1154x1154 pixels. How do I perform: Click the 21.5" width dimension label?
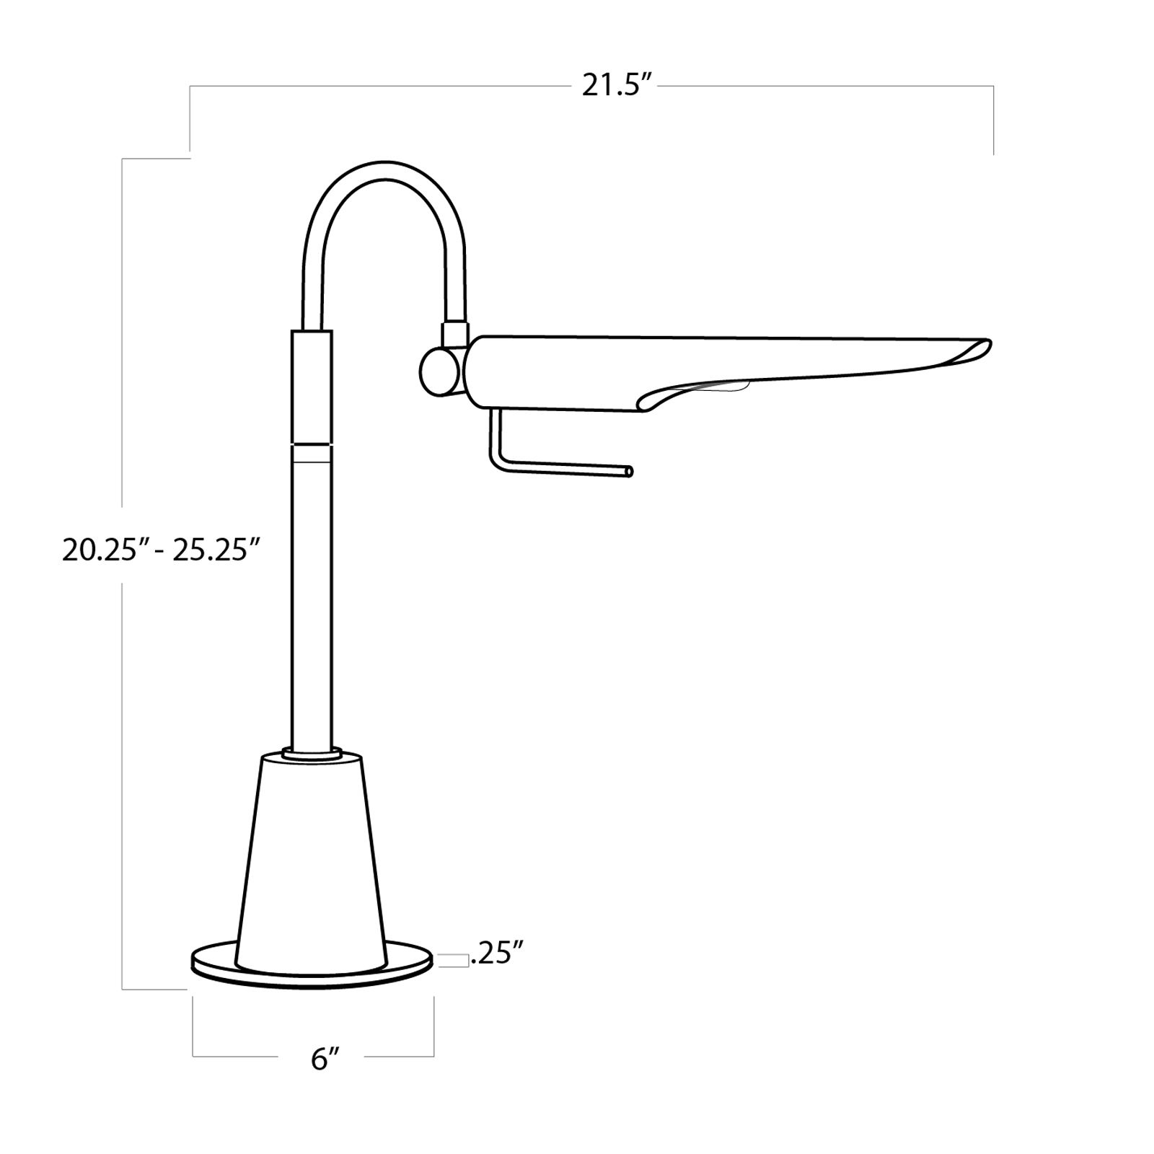tap(617, 87)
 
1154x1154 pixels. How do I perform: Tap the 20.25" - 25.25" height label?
tap(160, 550)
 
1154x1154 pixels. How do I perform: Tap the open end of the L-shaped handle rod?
tap(629, 471)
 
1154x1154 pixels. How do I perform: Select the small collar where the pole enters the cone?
tap(312, 753)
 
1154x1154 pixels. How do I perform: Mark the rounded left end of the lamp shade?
tap(476, 371)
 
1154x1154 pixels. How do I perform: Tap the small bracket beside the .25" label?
tap(451, 959)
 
